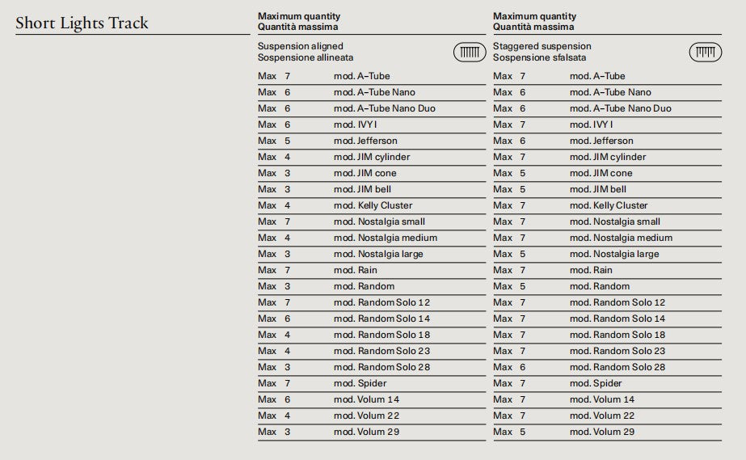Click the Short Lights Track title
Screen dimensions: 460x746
pos(82,23)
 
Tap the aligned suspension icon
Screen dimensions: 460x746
pos(470,53)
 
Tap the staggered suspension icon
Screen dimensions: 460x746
pos(705,53)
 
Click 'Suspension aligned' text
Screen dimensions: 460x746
pos(300,47)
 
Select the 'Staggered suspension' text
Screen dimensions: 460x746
pos(542,47)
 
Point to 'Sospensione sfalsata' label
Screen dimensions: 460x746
pos(539,57)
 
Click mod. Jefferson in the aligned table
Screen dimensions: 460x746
pos(365,141)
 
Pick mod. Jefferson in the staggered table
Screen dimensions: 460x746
pos(601,141)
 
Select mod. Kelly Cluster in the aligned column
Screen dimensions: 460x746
pos(373,205)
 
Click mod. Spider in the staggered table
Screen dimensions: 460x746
pos(596,383)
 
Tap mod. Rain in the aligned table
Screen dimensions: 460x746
pos(355,270)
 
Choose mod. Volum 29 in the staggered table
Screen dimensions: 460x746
pos(601,432)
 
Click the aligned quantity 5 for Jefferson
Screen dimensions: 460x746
pos(287,141)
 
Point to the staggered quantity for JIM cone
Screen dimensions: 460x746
pos(522,173)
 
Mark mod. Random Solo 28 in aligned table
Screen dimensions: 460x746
pos(381,367)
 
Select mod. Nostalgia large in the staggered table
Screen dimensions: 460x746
pos(613,254)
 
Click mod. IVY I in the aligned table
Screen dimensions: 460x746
pos(355,124)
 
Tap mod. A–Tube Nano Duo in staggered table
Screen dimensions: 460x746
pos(620,108)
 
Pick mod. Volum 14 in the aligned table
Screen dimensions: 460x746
pos(366,399)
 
